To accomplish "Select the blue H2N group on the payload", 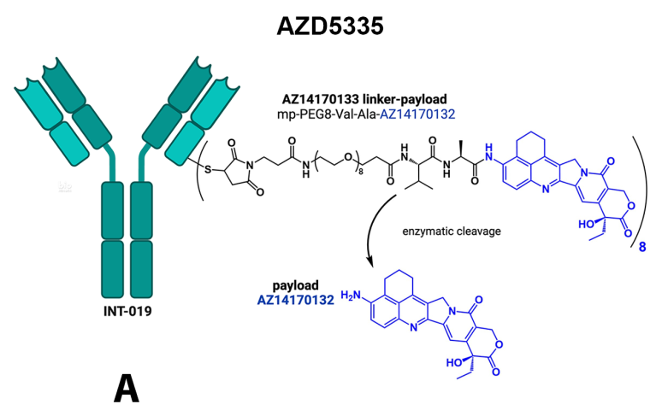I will [x=352, y=295].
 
